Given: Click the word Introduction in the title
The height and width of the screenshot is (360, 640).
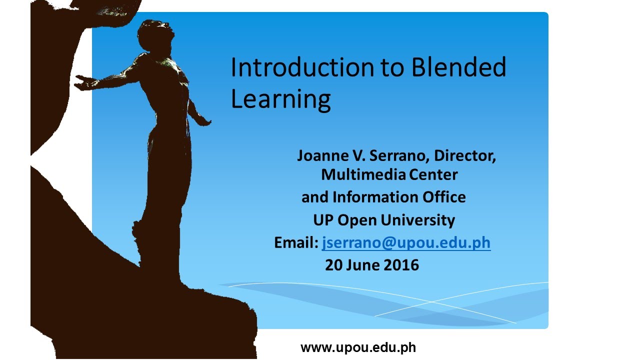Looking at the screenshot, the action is [302, 67].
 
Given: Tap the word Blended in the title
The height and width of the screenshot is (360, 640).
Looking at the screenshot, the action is [459, 67].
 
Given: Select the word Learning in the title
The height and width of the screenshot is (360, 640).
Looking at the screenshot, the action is [280, 99].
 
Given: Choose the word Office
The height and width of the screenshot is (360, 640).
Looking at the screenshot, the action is [444, 197].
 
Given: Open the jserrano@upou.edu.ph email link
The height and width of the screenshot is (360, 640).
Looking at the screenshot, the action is [406, 243].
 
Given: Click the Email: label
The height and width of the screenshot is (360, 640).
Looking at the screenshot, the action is [296, 243].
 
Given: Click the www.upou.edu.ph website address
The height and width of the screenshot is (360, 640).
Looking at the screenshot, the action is [358, 348].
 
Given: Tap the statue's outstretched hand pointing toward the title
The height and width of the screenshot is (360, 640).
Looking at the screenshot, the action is [204, 121].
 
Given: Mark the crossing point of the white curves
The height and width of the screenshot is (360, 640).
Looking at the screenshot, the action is [431, 301].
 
